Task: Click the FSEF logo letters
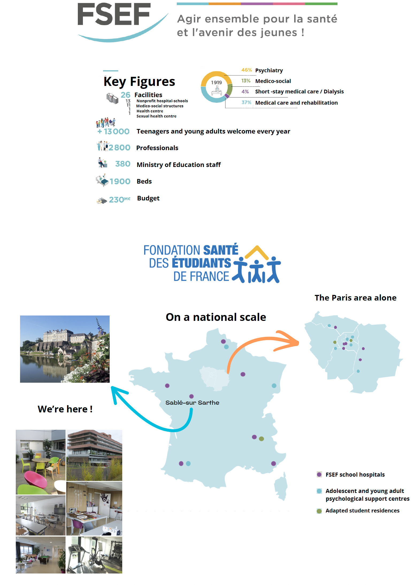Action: point(114,15)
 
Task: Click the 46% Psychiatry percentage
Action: point(246,70)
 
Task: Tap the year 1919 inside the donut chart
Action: point(216,82)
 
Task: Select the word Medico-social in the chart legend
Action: point(273,81)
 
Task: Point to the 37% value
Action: point(246,102)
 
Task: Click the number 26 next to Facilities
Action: point(125,95)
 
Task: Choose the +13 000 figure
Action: point(114,131)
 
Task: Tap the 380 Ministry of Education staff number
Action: point(123,164)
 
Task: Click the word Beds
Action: point(144,181)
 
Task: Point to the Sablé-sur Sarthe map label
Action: point(192,402)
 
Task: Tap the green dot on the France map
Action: point(262,439)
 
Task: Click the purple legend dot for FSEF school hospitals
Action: point(319,474)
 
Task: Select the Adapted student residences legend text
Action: point(362,511)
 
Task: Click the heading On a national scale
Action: point(216,317)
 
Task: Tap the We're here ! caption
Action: point(65,409)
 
